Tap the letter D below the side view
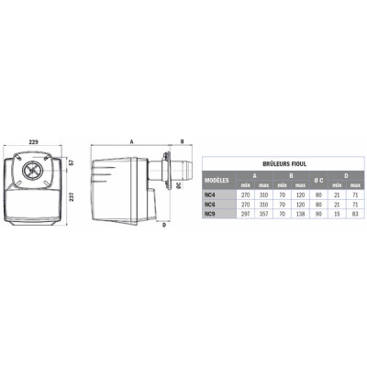161,225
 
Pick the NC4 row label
211,195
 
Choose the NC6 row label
211,205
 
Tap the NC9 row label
211,214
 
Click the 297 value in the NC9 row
243,214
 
